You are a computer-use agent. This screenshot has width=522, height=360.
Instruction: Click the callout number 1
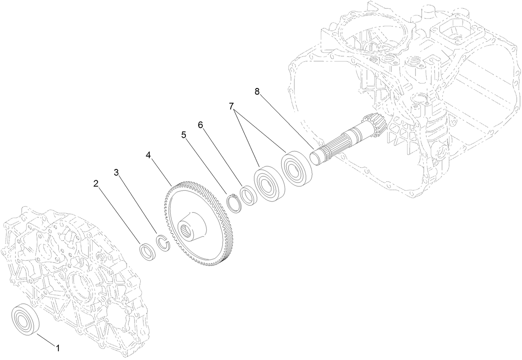(58, 347)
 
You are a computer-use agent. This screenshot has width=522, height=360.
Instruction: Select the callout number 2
(96, 184)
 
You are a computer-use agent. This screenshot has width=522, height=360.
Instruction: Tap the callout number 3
(117, 172)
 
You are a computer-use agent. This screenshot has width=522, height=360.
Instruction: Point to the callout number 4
(148, 155)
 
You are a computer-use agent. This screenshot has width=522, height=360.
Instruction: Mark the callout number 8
(257, 92)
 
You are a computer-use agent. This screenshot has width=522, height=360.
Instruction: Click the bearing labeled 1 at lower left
(25, 318)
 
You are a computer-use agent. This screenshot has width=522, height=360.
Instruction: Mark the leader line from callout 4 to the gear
(160, 170)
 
